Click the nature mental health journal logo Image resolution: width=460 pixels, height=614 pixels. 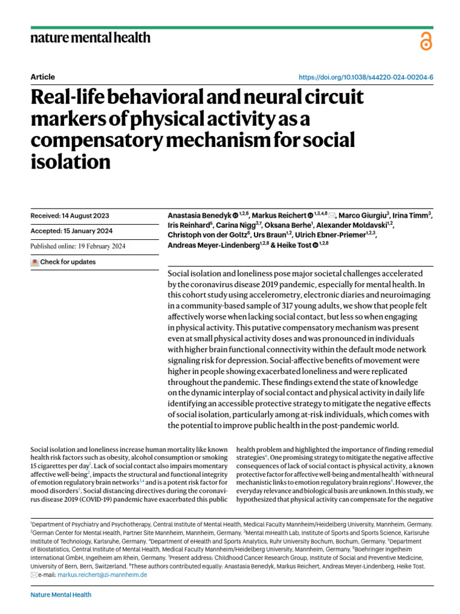(x=90, y=39)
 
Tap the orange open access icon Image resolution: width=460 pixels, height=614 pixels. (x=426, y=41)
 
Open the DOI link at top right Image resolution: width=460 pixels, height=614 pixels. (x=365, y=78)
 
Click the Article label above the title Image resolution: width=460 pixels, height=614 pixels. (x=42, y=77)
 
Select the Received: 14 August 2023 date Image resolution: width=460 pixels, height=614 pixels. (x=69, y=216)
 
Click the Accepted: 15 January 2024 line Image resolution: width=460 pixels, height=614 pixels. (x=71, y=231)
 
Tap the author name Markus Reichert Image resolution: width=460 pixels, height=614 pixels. (x=279, y=215)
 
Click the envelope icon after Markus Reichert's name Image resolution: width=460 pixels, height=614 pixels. (x=332, y=215)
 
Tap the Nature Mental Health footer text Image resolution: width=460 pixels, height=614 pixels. (x=60, y=595)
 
